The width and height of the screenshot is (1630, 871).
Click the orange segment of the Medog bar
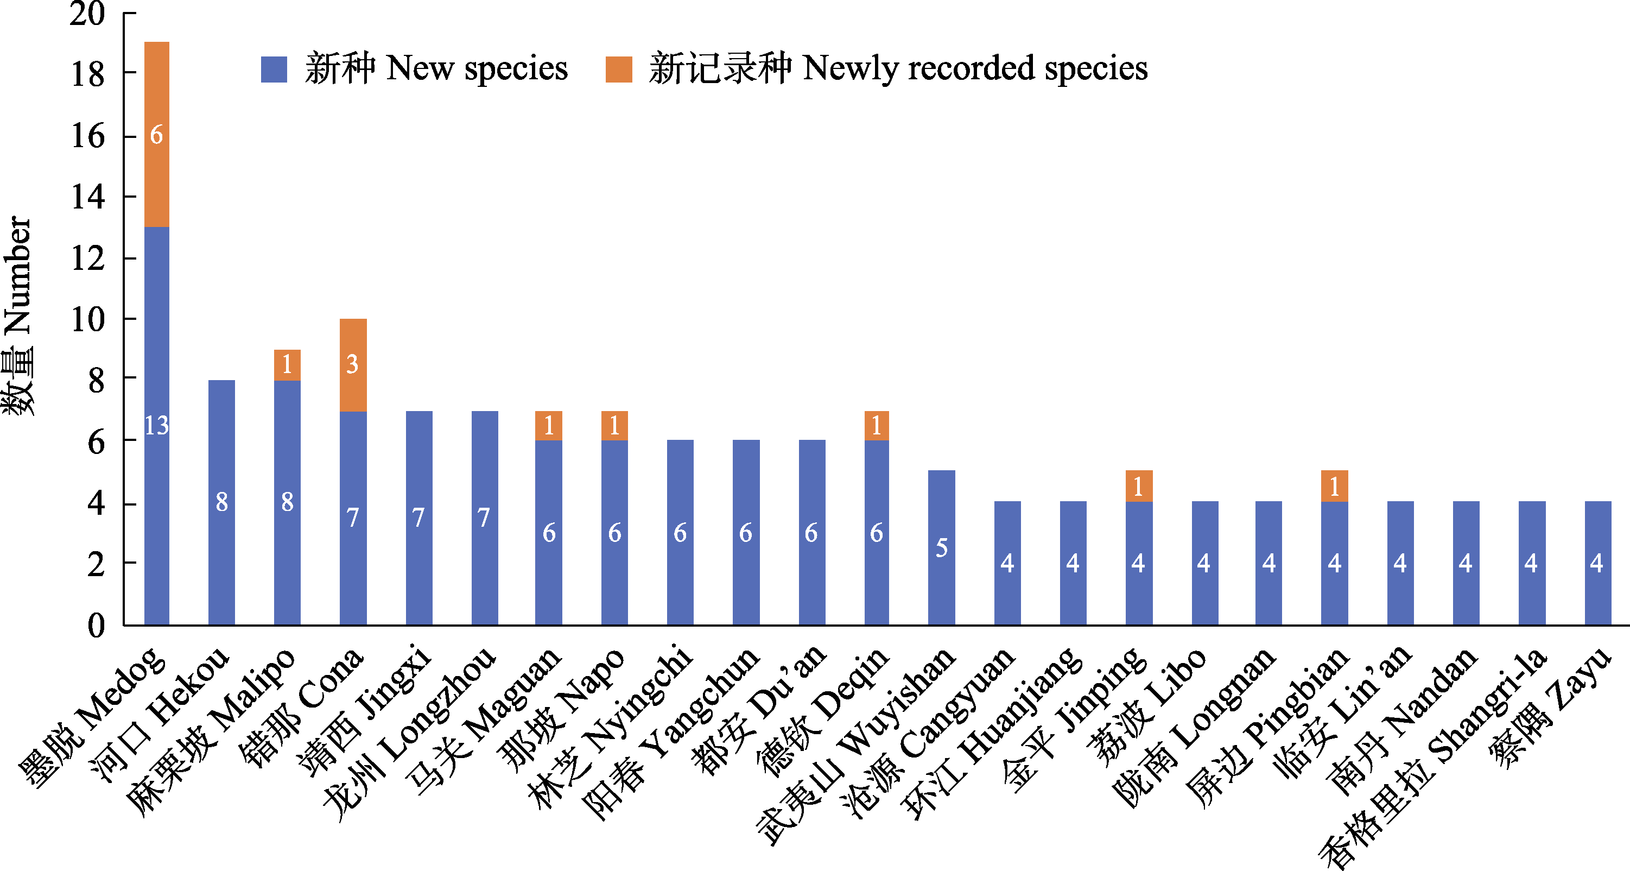pos(156,134)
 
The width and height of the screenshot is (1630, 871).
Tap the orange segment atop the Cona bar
pos(353,364)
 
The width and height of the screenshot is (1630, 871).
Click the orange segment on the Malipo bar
pos(287,364)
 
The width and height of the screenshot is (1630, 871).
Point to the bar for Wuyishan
pos(942,547)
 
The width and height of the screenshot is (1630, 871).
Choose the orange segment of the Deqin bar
pos(877,425)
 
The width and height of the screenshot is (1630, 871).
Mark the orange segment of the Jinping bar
pos(1139,486)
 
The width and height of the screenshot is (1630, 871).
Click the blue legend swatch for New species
pos(274,69)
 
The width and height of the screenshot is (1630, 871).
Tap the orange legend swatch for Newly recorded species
pos(618,69)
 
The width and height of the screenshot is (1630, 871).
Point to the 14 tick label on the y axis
pos(87,197)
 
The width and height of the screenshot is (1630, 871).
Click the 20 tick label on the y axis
pos(87,14)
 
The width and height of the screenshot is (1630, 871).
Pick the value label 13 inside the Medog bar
pos(156,425)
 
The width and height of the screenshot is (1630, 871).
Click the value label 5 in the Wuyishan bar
pos(942,547)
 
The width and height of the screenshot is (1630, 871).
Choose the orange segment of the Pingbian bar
pos(1335,486)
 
